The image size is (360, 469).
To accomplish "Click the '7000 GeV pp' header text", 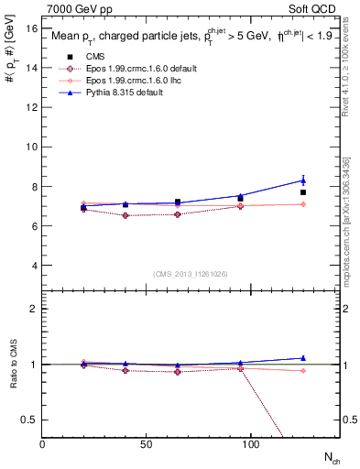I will (x=74, y=7).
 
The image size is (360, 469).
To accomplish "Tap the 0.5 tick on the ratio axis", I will (x=29, y=420).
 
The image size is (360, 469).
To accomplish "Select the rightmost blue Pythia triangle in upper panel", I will (x=303, y=180).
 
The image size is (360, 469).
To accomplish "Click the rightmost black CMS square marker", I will (x=303, y=192).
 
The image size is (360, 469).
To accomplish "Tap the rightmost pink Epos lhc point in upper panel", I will (x=303, y=204).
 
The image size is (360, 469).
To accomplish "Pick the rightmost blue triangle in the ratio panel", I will (x=303, y=358).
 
